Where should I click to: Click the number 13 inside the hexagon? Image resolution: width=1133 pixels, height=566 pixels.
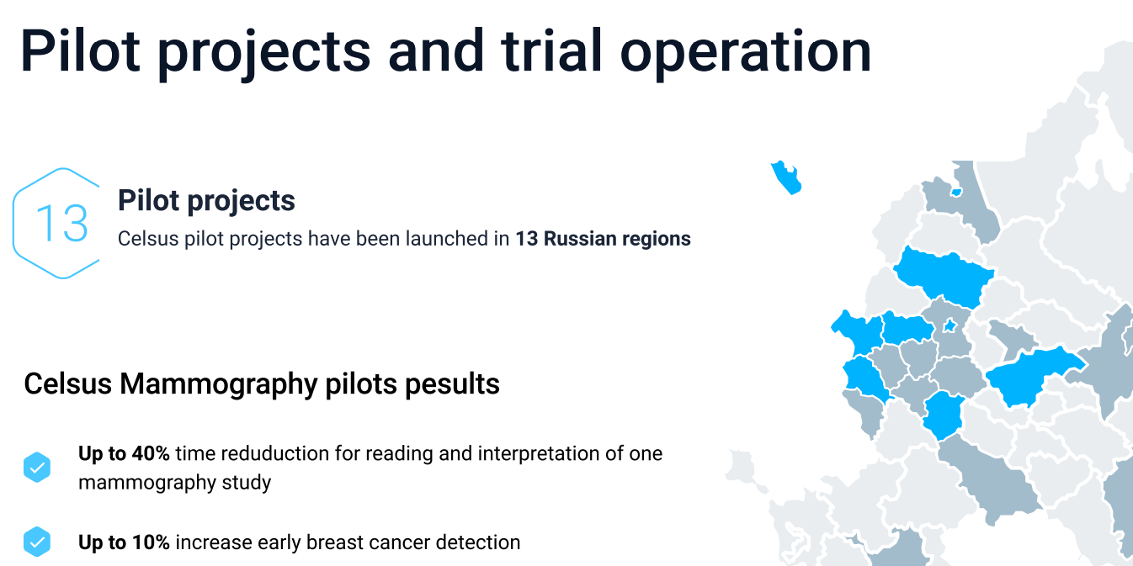coord(62,223)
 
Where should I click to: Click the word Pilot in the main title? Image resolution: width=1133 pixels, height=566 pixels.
coord(80,51)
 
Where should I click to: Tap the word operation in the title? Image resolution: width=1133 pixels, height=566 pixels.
coord(745,52)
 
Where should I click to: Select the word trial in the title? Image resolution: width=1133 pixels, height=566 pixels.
coord(551,50)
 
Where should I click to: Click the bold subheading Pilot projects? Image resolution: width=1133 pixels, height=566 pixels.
coord(206,201)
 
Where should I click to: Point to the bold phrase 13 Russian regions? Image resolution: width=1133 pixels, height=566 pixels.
coord(603,239)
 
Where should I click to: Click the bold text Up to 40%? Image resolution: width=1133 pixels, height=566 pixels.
coord(124,454)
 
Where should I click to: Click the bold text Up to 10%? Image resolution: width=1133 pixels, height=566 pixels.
coord(124,542)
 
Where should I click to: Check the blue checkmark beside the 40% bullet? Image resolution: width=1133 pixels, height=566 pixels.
coord(37,468)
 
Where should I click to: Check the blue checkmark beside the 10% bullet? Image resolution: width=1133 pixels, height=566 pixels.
coord(37,542)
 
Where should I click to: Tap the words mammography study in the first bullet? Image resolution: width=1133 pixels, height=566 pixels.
coord(174,483)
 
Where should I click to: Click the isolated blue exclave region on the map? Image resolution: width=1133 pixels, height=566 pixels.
coord(786,177)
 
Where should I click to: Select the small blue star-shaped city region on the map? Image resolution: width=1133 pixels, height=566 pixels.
coord(949,326)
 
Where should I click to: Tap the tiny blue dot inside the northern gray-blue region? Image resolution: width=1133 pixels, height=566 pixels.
coord(956,193)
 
